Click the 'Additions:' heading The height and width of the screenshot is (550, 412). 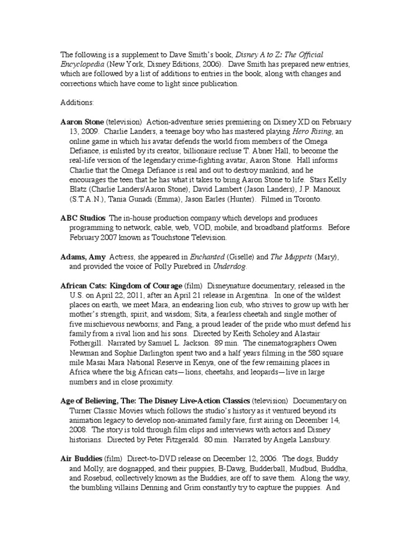pyautogui.click(x=77, y=102)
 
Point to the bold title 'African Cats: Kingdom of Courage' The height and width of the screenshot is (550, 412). pyautogui.click(x=121, y=285)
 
